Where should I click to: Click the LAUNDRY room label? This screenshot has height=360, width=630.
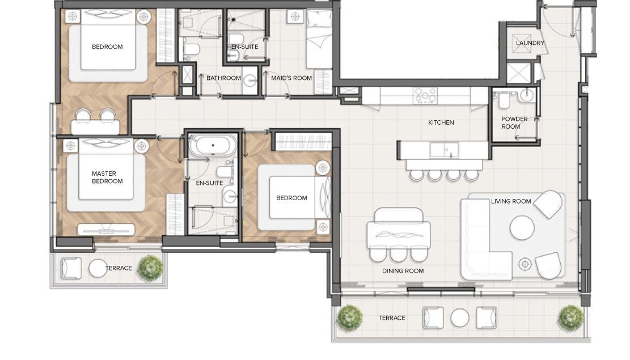[530, 43]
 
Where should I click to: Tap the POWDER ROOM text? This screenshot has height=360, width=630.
[514, 122]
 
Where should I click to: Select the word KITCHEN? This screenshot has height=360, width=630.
[441, 122]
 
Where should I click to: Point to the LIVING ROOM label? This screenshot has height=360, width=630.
[511, 201]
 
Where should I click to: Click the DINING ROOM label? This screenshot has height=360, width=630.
[403, 271]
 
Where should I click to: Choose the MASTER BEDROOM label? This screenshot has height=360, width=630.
[107, 177]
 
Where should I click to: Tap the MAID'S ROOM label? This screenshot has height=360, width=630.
[291, 78]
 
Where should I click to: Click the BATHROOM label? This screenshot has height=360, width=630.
[223, 78]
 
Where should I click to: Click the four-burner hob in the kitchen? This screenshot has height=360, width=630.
[425, 96]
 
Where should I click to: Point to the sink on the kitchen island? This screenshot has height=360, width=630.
[445, 150]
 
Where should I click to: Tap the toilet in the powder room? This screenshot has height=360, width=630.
[504, 100]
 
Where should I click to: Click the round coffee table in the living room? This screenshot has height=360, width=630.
[522, 228]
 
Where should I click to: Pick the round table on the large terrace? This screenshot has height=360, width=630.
[460, 318]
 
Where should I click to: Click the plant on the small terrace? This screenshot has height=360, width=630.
[150, 267]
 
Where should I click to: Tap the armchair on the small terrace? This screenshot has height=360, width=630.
[71, 268]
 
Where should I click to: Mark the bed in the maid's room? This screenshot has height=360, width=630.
[319, 39]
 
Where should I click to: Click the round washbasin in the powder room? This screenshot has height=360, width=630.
[526, 96]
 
